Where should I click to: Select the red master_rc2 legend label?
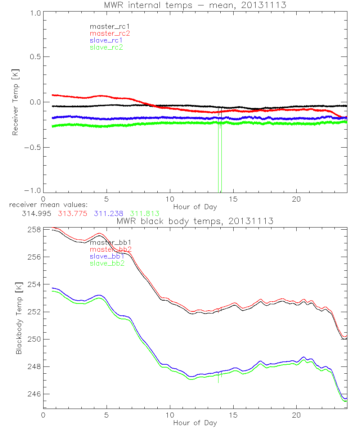pyautogui.click(x=109, y=33)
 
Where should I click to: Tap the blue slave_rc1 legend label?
pyautogui.click(x=106, y=40)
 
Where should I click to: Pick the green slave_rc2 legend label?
pyautogui.click(x=106, y=47)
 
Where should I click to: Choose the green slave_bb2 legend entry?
pyautogui.click(x=108, y=264)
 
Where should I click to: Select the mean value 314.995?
pyautogui.click(x=35, y=213)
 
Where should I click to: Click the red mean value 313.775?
pyautogui.click(x=72, y=213)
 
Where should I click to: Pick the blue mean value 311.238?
pyautogui.click(x=108, y=213)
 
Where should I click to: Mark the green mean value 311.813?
pyautogui.click(x=145, y=213)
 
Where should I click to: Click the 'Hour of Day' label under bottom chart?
pyautogui.click(x=195, y=423)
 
